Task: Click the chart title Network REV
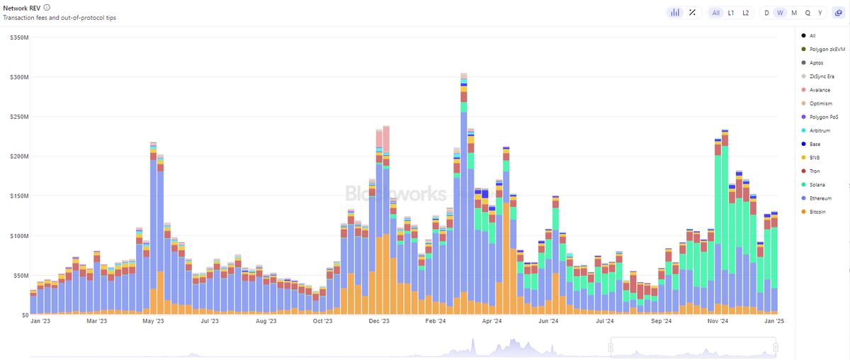point(22,8)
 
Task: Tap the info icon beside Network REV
point(47,8)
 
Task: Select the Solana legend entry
point(814,184)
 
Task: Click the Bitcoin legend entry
point(814,212)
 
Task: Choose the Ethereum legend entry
point(817,198)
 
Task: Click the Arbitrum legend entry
point(816,130)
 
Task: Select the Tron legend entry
point(811,171)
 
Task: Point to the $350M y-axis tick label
point(19,38)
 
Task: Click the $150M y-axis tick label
point(19,196)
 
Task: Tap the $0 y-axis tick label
point(25,315)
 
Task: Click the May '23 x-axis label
point(153,321)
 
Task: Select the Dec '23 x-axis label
point(379,321)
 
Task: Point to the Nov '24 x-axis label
point(718,321)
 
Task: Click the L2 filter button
point(746,13)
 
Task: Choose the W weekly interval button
point(780,13)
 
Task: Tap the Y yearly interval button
point(820,13)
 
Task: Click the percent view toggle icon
point(693,13)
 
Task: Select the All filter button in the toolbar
point(716,13)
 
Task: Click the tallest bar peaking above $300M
point(464,193)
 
